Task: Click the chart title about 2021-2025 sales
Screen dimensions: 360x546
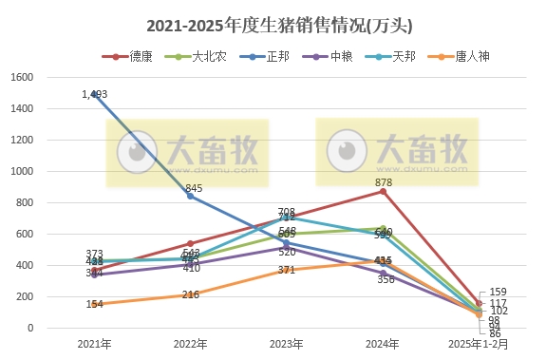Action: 272,24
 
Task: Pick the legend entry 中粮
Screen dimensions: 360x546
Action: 341,57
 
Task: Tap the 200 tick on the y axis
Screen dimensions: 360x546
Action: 25,297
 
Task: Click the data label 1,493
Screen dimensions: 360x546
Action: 95,94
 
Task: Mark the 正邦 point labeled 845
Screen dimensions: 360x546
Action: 190,196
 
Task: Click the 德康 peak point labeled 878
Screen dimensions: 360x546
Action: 383,191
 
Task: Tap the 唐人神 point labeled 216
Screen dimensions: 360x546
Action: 190,294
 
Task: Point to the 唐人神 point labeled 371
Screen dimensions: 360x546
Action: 286,270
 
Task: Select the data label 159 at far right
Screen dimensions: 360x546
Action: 499,292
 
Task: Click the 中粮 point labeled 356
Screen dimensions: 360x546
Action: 383,273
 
